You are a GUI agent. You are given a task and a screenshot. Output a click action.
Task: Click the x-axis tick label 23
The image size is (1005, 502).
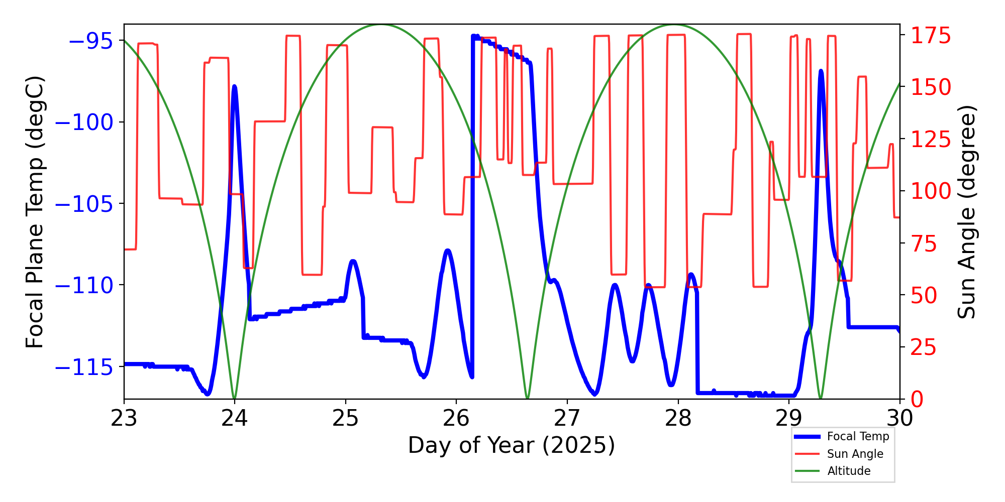[x=124, y=418]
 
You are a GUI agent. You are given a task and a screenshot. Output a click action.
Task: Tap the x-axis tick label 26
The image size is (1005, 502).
[x=456, y=418]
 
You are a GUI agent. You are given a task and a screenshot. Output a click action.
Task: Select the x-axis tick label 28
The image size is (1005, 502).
[x=678, y=418]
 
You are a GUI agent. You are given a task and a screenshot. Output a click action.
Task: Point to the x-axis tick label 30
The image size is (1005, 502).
[x=899, y=418]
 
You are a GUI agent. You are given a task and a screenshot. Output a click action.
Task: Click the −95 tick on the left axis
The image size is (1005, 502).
[x=90, y=41]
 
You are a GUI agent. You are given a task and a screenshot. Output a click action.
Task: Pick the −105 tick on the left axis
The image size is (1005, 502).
[x=83, y=204]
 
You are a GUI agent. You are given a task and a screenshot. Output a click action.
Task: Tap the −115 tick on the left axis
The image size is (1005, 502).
[x=83, y=367]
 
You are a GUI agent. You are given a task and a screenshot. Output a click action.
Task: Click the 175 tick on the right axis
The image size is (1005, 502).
[x=931, y=36]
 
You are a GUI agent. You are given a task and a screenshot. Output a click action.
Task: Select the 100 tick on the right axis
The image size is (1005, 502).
[x=931, y=191]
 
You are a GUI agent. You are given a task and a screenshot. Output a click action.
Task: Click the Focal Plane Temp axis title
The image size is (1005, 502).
[x=35, y=212]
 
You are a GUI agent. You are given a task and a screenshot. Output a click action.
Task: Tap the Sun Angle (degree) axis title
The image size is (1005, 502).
[x=966, y=212]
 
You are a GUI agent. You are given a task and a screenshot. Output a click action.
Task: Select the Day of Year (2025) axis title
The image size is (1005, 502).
[x=512, y=445]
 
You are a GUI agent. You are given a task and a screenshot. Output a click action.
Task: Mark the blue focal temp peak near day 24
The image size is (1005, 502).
[x=235, y=87]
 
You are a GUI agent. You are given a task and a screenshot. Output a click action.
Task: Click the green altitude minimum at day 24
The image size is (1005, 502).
[x=235, y=398]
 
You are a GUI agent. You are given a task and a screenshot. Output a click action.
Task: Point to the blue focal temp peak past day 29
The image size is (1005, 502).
[x=821, y=71]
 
